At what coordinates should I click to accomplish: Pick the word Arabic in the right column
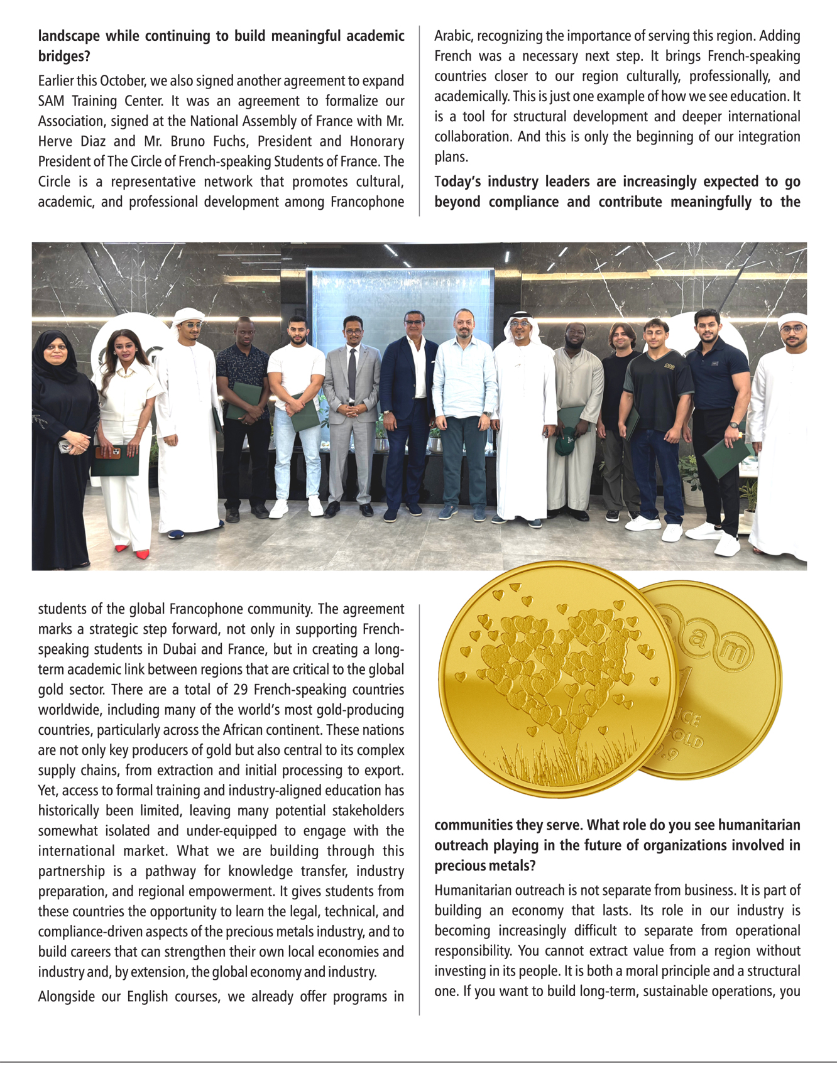[x=452, y=36]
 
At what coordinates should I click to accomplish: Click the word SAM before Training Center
[x=51, y=101]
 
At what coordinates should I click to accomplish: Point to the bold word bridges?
[x=64, y=57]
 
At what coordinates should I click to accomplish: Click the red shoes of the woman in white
[x=133, y=552]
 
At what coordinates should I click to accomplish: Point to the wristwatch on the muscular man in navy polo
[x=733, y=425]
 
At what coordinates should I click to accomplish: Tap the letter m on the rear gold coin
[x=733, y=652]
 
